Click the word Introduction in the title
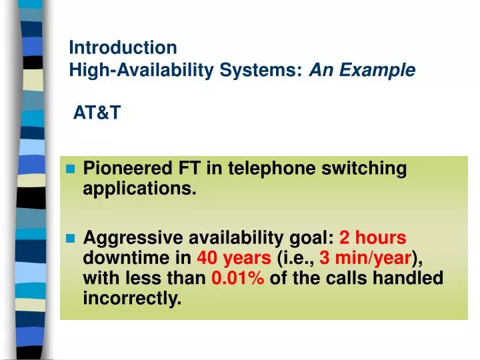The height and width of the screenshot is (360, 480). pyautogui.click(x=123, y=48)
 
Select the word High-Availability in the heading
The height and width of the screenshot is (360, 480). pyautogui.click(x=126, y=69)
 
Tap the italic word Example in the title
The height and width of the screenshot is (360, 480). pyautogui.click(x=387, y=69)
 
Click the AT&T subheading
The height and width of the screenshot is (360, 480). pyautogui.click(x=97, y=113)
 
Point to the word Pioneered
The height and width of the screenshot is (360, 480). pyautogui.click(x=124, y=169)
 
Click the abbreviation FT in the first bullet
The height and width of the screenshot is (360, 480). pyautogui.click(x=181, y=169)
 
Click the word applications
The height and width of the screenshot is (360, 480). pyautogui.click(x=139, y=189)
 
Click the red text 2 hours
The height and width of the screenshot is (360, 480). pyautogui.click(x=373, y=238)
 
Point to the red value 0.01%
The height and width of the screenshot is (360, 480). pyautogui.click(x=238, y=279)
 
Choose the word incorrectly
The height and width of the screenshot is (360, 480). pyautogui.click(x=132, y=299)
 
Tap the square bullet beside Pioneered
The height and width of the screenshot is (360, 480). pyautogui.click(x=71, y=170)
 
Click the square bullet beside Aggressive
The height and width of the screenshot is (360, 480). pyautogui.click(x=71, y=239)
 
